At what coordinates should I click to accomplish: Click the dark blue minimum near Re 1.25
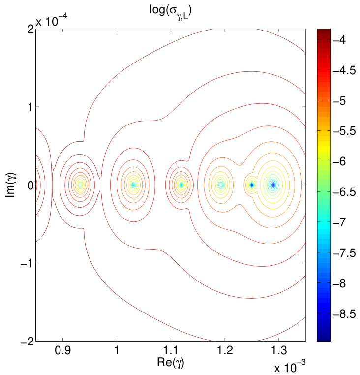[251, 185]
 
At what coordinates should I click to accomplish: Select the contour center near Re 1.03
[133, 185]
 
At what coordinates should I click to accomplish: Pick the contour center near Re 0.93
[80, 185]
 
